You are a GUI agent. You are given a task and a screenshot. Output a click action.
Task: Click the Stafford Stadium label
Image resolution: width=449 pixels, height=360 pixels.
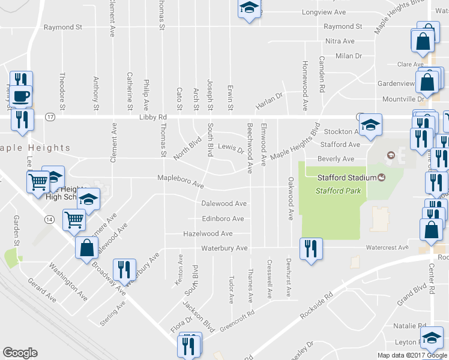point(340,177)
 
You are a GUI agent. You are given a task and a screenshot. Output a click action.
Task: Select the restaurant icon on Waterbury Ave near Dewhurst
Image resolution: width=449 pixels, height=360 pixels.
point(311,248)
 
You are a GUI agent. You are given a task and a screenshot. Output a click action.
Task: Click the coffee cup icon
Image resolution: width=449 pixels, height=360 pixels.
point(21,95)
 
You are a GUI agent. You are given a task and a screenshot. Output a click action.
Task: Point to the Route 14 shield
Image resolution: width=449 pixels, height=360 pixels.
point(49,220)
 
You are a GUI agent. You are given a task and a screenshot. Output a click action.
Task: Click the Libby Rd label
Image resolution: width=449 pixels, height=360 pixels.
point(152,118)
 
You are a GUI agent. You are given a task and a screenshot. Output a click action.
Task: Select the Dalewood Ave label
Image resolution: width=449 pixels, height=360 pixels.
point(224,204)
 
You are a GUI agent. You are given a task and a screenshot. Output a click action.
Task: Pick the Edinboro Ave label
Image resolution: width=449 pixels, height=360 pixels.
point(223,219)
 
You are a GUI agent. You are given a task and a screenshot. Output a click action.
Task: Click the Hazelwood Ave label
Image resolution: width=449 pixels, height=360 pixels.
point(208,233)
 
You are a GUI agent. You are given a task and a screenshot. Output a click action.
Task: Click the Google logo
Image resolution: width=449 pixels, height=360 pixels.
point(20,353)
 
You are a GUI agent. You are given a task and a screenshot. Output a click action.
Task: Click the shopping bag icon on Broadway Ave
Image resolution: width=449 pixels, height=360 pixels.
point(86,247)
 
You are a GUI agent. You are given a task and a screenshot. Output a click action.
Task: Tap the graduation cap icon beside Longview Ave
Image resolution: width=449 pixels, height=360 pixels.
point(248,8)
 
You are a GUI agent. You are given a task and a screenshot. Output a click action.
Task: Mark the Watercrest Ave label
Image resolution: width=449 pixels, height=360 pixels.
point(387,247)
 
